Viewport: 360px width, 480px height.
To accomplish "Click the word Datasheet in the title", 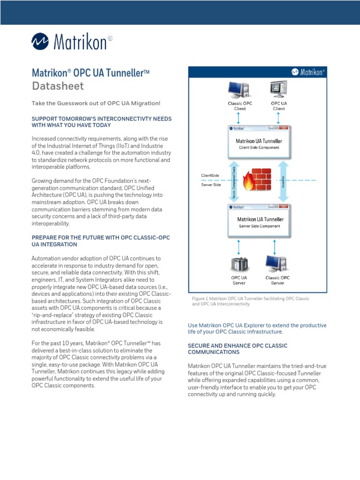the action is [x=58, y=86].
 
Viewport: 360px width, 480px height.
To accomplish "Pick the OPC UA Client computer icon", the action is [x=279, y=89].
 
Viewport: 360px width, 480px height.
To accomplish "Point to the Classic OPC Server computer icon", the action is [x=277, y=264].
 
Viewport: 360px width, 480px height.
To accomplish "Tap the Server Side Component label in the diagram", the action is [x=259, y=226].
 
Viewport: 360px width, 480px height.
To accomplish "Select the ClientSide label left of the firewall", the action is [x=210, y=175].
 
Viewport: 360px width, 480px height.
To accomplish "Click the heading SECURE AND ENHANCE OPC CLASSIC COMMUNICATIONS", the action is [x=238, y=349].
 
